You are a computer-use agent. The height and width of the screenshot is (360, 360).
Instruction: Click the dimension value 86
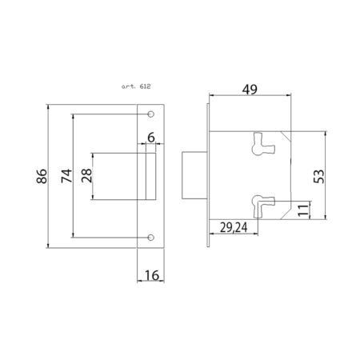pyautogui.click(x=42, y=176)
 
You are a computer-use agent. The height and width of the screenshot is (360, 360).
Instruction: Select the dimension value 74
pyautogui.click(x=66, y=175)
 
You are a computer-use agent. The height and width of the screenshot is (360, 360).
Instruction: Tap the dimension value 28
pyautogui.click(x=86, y=175)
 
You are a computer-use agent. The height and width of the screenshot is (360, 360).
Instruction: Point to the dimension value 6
pyautogui.click(x=151, y=138)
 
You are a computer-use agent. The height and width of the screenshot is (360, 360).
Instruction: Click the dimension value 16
pyautogui.click(x=152, y=275)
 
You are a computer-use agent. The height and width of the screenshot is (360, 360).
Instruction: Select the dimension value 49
pyautogui.click(x=250, y=90)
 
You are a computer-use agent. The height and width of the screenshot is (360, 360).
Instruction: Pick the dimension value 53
pyautogui.click(x=319, y=176)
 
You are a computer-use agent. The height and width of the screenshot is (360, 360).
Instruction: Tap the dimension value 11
pyautogui.click(x=303, y=210)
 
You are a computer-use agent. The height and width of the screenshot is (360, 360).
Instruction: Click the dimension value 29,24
pyautogui.click(x=234, y=227)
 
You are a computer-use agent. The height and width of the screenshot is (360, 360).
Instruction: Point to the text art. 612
pyautogui.click(x=136, y=86)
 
